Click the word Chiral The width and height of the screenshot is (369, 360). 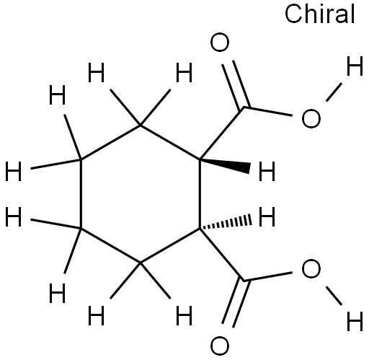point(320,14)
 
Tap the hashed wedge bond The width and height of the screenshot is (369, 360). point(226,223)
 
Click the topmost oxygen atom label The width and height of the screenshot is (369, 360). point(220,43)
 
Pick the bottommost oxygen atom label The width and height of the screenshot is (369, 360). point(220,346)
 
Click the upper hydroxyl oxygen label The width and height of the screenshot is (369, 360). point(311,118)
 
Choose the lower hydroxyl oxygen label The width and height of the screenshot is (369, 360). point(311,268)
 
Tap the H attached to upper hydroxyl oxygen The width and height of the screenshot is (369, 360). point(355,66)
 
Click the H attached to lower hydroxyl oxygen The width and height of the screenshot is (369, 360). point(355,321)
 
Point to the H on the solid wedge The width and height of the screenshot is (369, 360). point(267,171)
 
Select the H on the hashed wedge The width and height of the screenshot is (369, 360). point(267,217)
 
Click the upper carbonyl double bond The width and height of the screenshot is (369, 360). point(236,85)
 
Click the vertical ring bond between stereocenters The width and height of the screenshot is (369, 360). point(200,194)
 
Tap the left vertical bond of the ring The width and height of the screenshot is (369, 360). point(81,194)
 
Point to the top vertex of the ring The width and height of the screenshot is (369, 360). point(141,126)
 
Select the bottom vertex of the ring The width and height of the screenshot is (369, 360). point(141,263)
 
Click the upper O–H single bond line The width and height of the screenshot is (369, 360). point(334,92)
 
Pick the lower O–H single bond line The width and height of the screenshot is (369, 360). point(334,296)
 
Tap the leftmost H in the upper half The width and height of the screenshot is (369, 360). point(13,171)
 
